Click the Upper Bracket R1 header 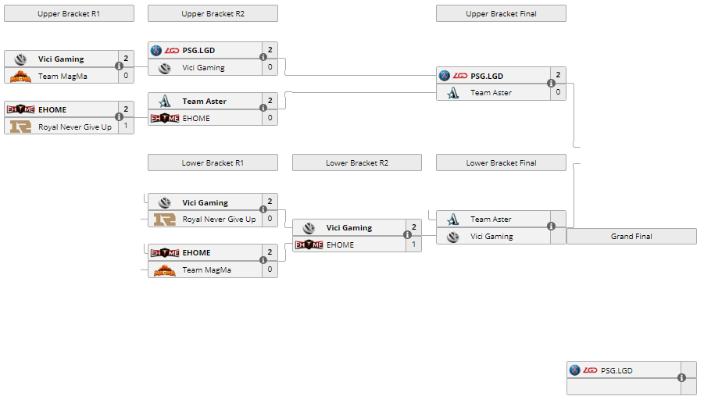[69, 13]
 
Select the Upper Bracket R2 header [212, 13]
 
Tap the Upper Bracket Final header [501, 13]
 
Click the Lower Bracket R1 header [212, 162]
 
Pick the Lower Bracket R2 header [356, 162]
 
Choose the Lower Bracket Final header [501, 162]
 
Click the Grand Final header [631, 236]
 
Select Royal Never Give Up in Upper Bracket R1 [74, 127]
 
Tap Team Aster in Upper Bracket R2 [204, 101]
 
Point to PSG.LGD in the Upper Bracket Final [487, 76]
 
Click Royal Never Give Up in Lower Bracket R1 [219, 219]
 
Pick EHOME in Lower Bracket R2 [340, 244]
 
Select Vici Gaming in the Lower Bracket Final [491, 237]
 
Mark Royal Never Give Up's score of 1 [126, 126]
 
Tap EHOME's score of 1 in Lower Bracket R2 [414, 244]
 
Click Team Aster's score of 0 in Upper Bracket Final [558, 92]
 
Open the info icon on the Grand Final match [682, 377]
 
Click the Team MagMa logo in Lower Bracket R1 [165, 270]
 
